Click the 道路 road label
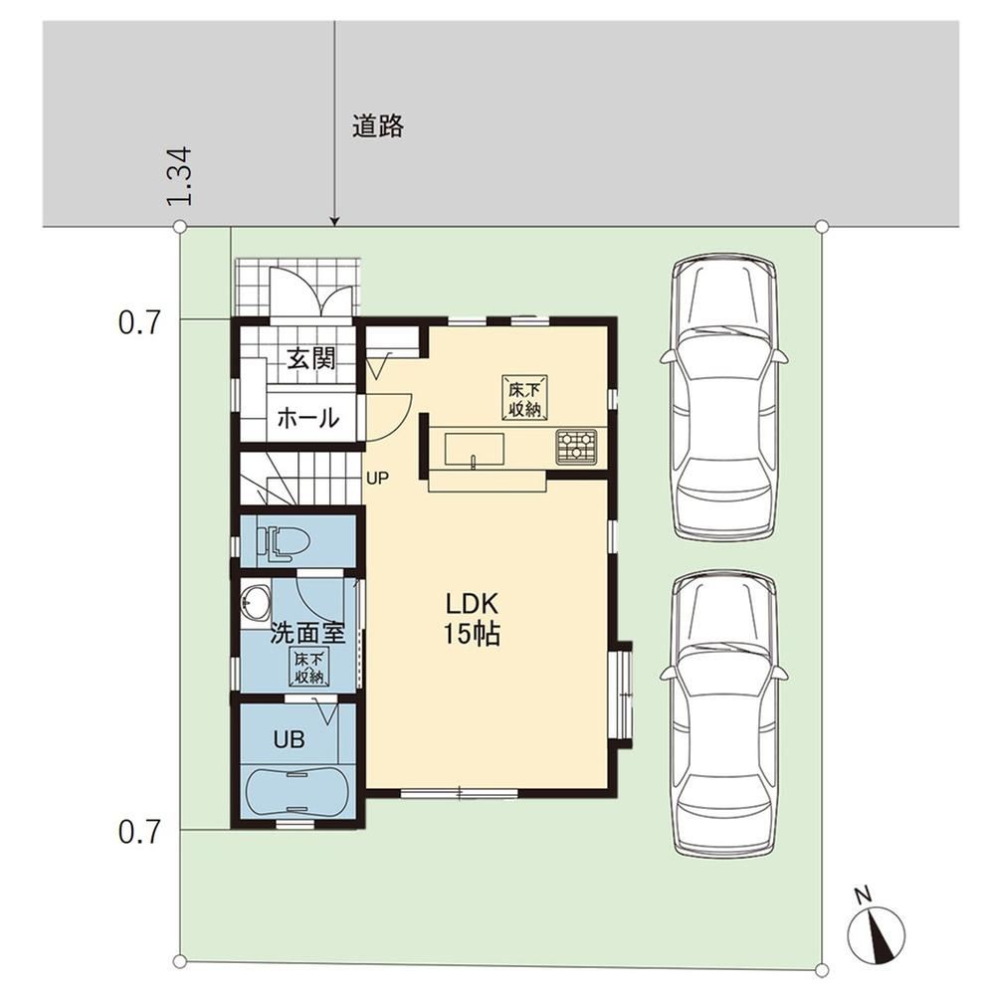coord(378,126)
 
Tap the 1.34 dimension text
coord(179,176)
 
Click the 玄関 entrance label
coord(310,359)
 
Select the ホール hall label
coord(308,418)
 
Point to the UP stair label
coord(377,479)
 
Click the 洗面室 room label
coord(308,633)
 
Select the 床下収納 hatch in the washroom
coord(309,667)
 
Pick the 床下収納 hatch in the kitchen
coord(524,397)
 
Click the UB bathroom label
coord(290,739)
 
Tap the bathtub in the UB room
coord(296,792)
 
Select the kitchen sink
coord(474,450)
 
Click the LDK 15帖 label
coord(472,619)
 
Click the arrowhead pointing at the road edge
coord(335,222)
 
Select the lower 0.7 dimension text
coord(139,832)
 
